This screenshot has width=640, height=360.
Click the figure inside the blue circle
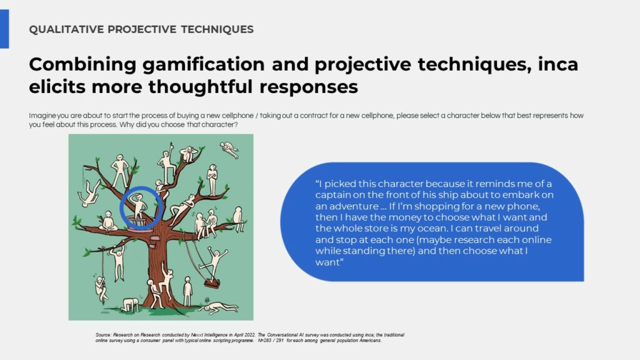tap(139, 207)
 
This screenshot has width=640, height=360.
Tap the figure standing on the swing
tap(216, 262)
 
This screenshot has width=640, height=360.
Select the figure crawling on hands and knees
tap(131, 304)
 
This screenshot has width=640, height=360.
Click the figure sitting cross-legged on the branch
tap(107, 222)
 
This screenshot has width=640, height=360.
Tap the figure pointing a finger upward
tap(166, 164)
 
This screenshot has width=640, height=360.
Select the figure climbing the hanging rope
tap(101, 289)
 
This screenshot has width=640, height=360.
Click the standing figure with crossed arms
tap(212, 179)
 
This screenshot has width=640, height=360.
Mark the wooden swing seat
tap(212, 283)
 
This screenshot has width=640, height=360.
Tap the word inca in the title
tap(557, 64)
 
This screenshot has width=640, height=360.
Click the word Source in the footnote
tap(103, 335)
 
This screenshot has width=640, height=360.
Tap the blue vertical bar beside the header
tap(4, 29)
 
